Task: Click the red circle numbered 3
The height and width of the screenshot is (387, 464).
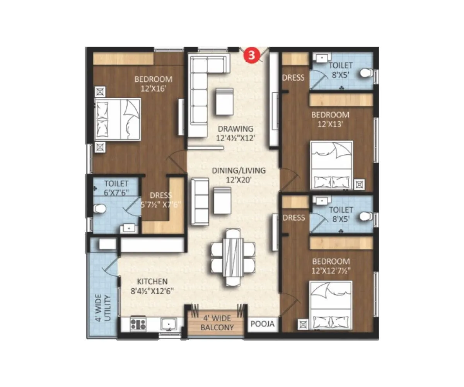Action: pos(251,55)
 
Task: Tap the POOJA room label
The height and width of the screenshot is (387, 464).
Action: pos(262,324)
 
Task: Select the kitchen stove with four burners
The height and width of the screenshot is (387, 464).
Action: pos(138,324)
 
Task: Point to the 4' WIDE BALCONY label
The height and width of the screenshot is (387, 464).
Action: pos(217,323)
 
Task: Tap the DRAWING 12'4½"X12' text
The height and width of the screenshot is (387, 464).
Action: pos(235,133)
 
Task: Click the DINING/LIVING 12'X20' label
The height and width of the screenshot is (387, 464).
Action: pos(238,175)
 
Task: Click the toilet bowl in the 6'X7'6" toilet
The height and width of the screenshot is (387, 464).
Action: pos(100,209)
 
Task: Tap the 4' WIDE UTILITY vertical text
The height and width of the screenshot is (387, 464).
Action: pos(104,308)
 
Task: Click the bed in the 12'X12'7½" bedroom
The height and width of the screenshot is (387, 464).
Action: pos(331,306)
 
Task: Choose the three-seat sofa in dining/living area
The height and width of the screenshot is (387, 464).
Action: pos(200,201)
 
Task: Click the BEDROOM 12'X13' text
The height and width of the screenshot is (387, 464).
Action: pos(330,119)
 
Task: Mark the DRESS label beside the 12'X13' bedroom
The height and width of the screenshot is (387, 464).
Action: pos(293,78)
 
